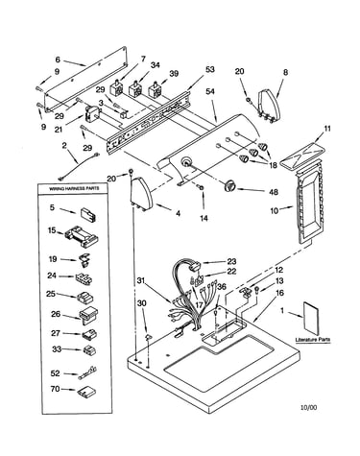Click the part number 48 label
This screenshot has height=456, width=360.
[x=274, y=192]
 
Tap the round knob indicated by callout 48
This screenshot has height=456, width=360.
[x=229, y=186]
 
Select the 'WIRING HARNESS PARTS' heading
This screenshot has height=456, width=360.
[x=74, y=188]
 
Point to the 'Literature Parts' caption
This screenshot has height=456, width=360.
[x=313, y=340]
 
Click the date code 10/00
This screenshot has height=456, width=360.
[x=309, y=407]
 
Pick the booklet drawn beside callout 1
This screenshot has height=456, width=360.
[x=310, y=318]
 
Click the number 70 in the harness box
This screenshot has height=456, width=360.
[x=56, y=389]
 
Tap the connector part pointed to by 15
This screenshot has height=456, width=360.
[x=82, y=236]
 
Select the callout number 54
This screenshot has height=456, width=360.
[x=210, y=91]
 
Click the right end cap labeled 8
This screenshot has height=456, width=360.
[x=269, y=106]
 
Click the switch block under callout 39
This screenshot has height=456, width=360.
[x=156, y=89]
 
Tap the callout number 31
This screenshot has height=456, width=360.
[x=141, y=280]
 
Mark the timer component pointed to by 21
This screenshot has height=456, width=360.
[x=93, y=114]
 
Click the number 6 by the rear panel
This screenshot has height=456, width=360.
[x=58, y=60]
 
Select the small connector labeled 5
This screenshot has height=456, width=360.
[x=87, y=215]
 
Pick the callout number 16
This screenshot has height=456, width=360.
[x=279, y=293]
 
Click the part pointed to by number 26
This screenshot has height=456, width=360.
[x=88, y=316]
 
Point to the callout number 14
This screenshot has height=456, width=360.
[x=204, y=218]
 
